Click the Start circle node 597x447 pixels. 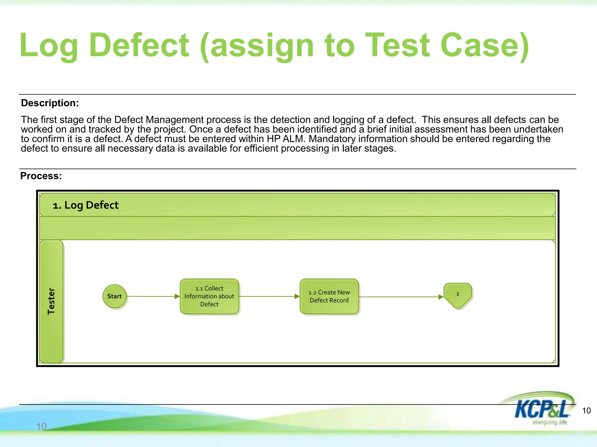[115, 296]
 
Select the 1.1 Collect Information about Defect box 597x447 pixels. [209, 296]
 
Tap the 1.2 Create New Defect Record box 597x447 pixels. [329, 296]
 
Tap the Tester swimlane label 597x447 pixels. [51, 301]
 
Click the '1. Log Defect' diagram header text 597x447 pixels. [85, 205]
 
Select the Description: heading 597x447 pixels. [50, 103]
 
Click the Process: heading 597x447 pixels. [41, 176]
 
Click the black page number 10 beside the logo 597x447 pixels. [586, 411]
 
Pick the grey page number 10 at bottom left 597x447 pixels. [41, 426]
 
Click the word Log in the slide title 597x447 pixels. [49, 46]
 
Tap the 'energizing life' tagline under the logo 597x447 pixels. [549, 422]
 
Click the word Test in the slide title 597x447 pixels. [397, 46]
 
